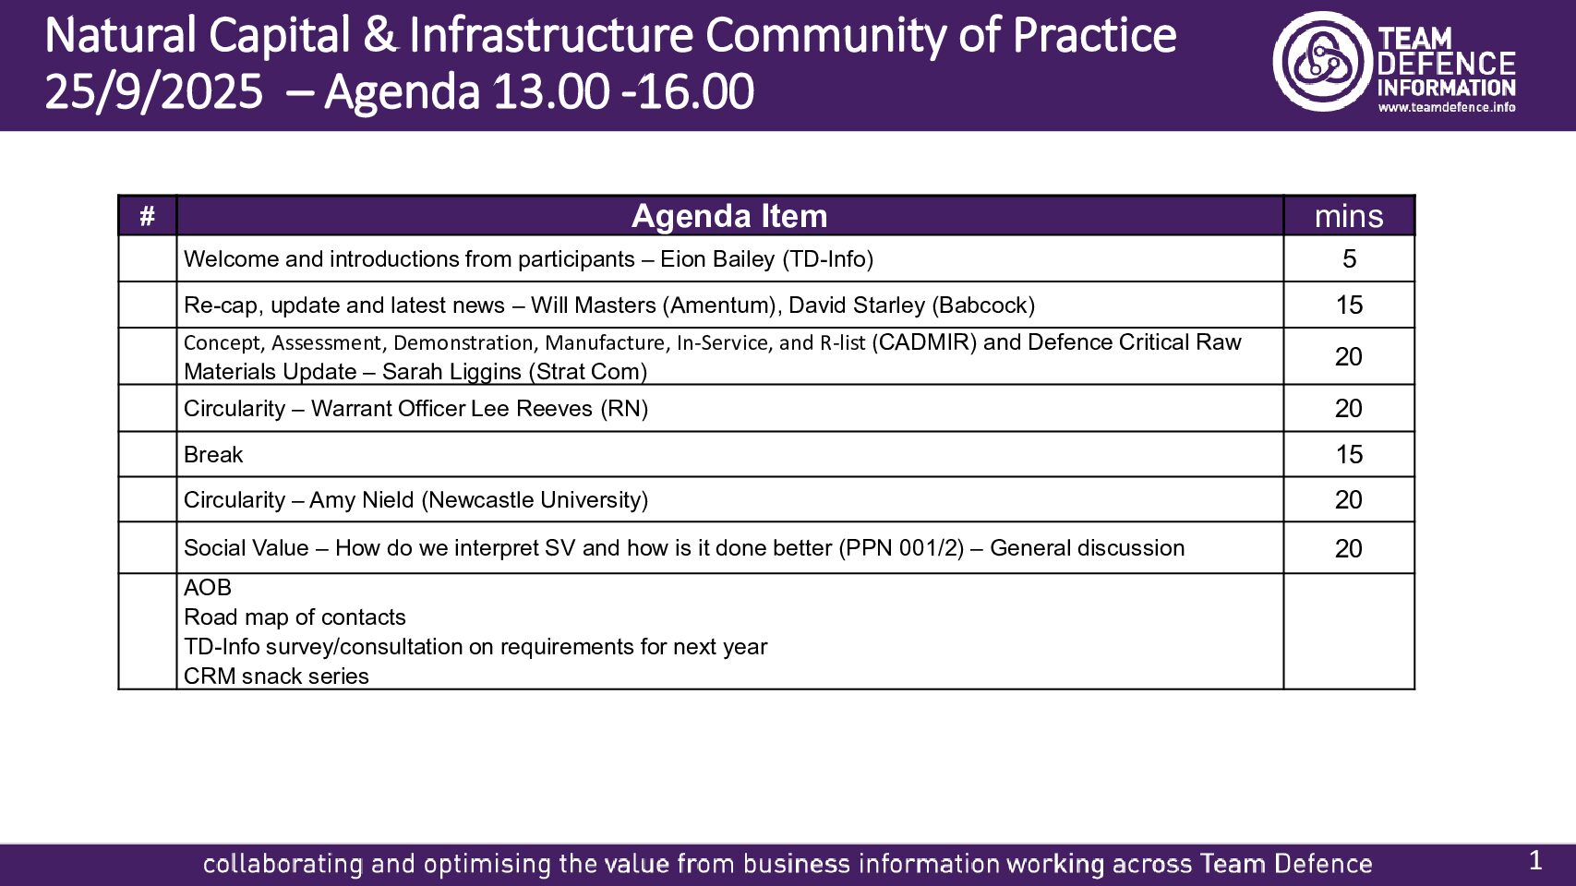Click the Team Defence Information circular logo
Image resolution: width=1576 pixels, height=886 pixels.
click(x=1323, y=61)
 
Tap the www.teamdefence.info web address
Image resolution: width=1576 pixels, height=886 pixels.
click(x=1447, y=108)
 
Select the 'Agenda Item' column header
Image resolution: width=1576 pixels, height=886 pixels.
click(x=728, y=216)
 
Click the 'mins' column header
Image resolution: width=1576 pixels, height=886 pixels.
click(x=1349, y=217)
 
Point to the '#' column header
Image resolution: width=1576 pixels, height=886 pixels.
click(x=147, y=216)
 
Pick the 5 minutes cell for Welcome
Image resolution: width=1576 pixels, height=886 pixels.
click(x=1349, y=258)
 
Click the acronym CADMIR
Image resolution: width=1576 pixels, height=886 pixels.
click(x=924, y=342)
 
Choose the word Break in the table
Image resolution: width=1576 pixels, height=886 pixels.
click(x=213, y=454)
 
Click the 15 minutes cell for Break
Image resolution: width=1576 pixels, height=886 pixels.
click(x=1349, y=454)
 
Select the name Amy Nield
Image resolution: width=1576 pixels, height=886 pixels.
click(x=362, y=500)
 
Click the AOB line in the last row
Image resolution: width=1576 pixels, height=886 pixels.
click(x=208, y=587)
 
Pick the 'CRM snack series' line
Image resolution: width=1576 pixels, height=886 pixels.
click(x=276, y=676)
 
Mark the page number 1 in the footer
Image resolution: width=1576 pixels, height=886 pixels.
click(x=1535, y=861)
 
